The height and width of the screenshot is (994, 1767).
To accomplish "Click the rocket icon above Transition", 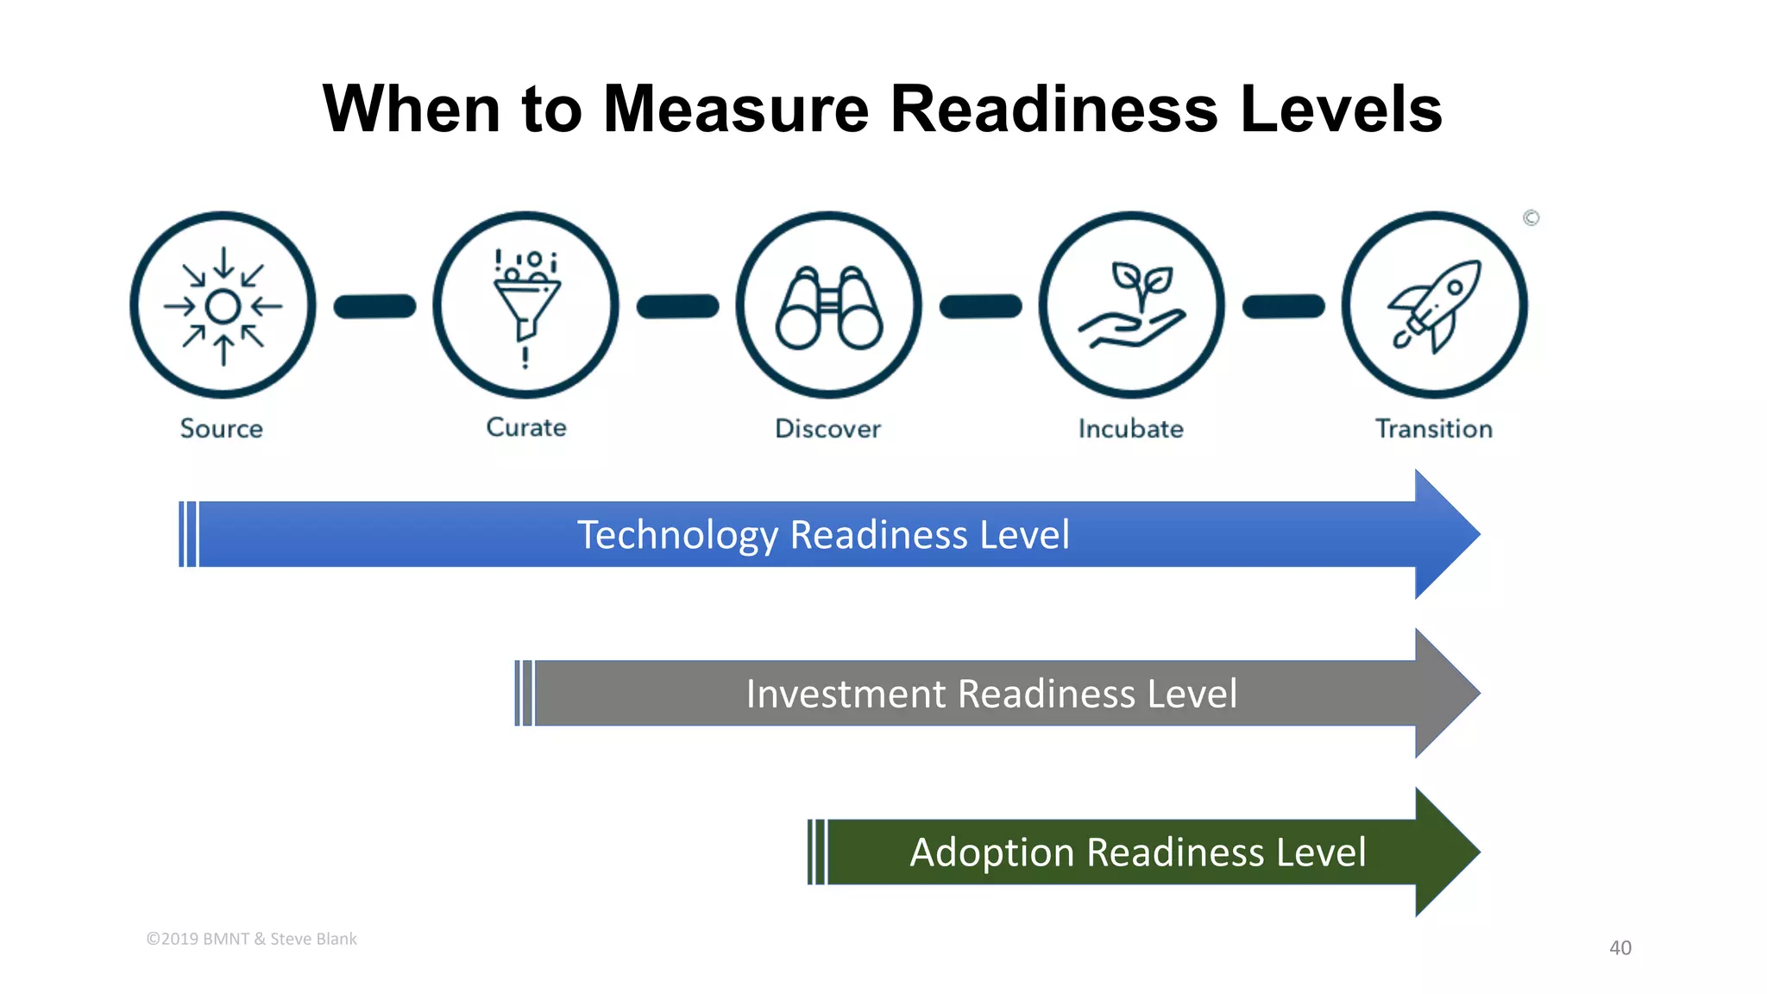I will pyautogui.click(x=1434, y=305).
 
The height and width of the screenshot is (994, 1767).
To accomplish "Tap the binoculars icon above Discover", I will pyautogui.click(x=828, y=307).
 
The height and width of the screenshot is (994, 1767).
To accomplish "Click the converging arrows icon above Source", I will pyautogui.click(x=223, y=305).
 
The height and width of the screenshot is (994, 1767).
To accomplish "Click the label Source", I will pyautogui.click(x=222, y=429).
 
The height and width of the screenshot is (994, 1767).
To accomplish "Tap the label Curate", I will pyautogui.click(x=526, y=428).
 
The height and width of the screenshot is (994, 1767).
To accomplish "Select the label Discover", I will pyautogui.click(x=827, y=429).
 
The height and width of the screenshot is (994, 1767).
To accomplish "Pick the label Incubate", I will pyautogui.click(x=1130, y=429).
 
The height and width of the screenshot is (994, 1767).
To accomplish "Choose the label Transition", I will pyautogui.click(x=1433, y=429).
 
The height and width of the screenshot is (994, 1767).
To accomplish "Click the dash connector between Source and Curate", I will pyautogui.click(x=374, y=306).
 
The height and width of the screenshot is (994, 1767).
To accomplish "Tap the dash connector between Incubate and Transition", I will pyautogui.click(x=1283, y=306).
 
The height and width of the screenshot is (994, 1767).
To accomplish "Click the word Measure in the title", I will pyautogui.click(x=735, y=110).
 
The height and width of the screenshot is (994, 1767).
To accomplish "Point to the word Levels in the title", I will pyautogui.click(x=1341, y=110).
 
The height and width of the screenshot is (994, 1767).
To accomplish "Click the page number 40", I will pyautogui.click(x=1619, y=947).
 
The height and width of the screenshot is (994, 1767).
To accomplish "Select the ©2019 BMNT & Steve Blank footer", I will pyautogui.click(x=251, y=939).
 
